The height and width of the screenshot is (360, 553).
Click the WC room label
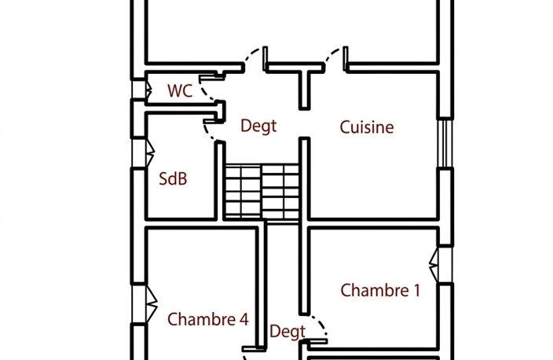point(180,90)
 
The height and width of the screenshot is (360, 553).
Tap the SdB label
point(173,178)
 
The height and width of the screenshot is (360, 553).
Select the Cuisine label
point(367,127)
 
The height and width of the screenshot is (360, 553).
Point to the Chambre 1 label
point(380,290)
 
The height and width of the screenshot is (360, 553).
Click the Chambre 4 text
point(208,319)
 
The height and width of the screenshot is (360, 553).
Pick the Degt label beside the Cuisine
point(258,126)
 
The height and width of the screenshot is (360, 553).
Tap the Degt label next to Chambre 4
point(287,332)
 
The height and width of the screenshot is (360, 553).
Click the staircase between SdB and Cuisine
point(262,193)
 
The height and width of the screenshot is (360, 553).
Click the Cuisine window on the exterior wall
point(445,143)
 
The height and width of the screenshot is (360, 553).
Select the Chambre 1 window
point(441,264)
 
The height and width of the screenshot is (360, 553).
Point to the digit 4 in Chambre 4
point(244,319)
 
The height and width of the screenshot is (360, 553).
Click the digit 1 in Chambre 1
point(417,290)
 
